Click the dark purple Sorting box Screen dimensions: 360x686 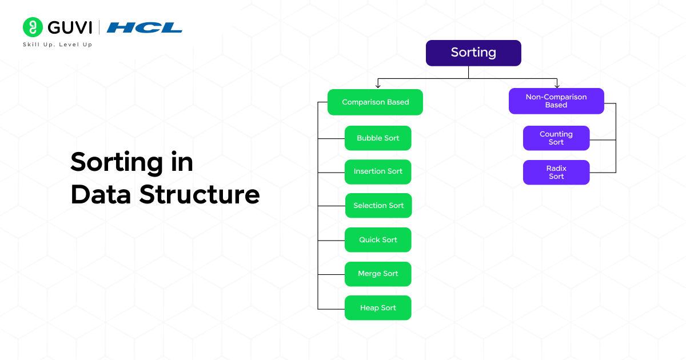point(473,53)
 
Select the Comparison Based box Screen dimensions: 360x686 point(375,102)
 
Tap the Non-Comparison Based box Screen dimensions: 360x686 point(556,101)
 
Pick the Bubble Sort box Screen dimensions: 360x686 point(378,138)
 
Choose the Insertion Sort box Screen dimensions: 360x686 point(378,171)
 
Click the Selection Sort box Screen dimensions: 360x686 point(378,206)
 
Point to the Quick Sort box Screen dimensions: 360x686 point(378,240)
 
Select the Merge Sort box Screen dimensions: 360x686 point(378,274)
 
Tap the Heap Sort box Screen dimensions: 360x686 point(378,308)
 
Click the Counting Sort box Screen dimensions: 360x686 point(556,138)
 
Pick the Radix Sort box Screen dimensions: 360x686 point(556,173)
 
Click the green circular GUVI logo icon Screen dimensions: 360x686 point(33,27)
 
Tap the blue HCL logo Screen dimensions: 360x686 point(145,27)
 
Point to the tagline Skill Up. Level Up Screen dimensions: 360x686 point(57,45)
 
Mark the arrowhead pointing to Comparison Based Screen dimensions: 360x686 point(378,86)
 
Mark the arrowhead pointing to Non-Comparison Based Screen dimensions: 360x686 point(557,85)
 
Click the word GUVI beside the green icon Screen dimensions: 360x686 point(70,27)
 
